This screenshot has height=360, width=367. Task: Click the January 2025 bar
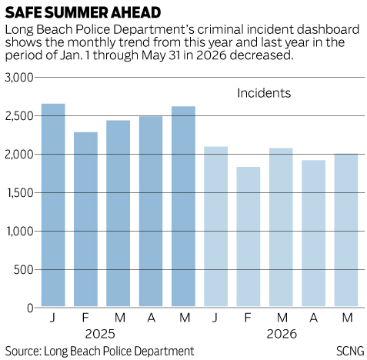[x=53, y=205]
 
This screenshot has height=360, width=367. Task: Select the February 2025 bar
[x=85, y=219]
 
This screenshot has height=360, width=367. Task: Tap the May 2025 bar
[x=183, y=206]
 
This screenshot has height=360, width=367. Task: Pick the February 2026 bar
[x=249, y=237]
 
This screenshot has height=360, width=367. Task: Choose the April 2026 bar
[x=313, y=233]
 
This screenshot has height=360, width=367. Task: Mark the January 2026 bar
[x=215, y=226]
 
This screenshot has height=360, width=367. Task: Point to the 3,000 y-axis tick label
[x=19, y=78]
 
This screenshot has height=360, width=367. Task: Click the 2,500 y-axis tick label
[x=19, y=116]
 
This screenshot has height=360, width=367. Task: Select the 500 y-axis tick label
[x=24, y=270]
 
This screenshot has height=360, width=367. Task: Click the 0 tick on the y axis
[x=30, y=308]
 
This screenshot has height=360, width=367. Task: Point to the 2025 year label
[x=100, y=334]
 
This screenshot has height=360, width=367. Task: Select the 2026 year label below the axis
[x=282, y=334]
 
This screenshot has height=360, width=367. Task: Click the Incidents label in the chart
[x=264, y=93]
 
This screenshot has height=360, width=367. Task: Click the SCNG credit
[x=350, y=351]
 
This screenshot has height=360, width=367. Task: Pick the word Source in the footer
[x=23, y=351]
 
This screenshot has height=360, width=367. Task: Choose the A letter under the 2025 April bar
[x=151, y=318]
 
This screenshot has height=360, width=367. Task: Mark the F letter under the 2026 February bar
[x=248, y=318]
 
